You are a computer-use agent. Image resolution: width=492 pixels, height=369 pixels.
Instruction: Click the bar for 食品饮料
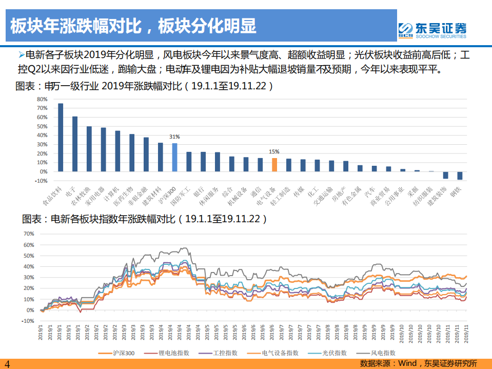coord(61,138)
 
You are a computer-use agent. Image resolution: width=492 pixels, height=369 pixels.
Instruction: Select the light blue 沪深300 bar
coord(174,158)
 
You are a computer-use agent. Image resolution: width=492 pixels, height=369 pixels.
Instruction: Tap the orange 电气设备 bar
coord(274,165)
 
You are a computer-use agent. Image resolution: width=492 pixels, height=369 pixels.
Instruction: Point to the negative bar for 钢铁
coord(460,176)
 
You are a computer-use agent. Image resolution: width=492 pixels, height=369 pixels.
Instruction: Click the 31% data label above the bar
coord(175,137)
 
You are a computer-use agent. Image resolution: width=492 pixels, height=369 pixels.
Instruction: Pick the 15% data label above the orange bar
coord(274,152)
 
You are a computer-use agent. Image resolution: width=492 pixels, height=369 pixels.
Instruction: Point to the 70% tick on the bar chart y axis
coord(43,108)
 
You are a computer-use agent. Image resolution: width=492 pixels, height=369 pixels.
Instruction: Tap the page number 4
coord(7,363)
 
